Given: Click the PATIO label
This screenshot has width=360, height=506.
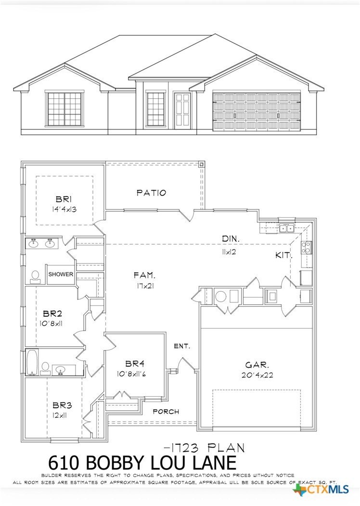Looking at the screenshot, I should coord(151,193).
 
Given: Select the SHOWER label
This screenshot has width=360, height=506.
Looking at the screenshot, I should coord(61,274).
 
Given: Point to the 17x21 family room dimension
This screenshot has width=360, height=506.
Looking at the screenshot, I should coord(144,285).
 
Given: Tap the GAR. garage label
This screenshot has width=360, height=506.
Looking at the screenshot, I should coord(254,365).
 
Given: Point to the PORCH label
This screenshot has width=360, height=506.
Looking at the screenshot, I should coord(166,412).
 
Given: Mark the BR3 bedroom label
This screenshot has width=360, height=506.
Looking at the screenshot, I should coord(60,405).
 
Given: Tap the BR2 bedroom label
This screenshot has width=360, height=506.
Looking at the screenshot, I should coord(51,312).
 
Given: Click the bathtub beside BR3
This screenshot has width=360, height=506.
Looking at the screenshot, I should coord(32,363).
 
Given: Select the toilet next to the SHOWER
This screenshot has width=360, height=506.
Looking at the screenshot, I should coord(35,275).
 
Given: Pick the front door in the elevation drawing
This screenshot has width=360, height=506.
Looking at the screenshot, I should coord(183,111).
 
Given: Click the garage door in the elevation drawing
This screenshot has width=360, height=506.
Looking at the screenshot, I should coord(257,112).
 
